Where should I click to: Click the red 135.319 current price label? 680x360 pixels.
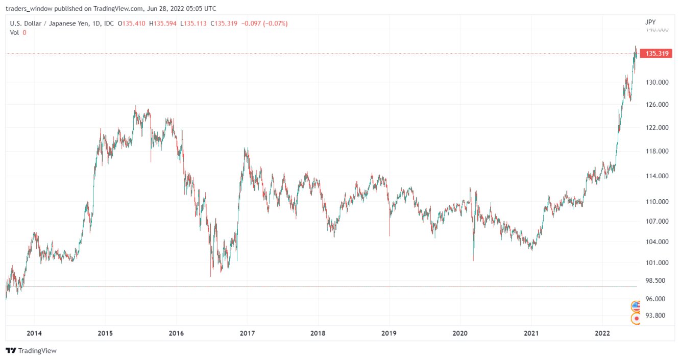[x=657, y=54]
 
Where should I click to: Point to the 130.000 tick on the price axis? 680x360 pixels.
[x=656, y=82]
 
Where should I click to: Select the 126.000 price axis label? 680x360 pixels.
[x=656, y=105]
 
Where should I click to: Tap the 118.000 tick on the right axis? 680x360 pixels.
[x=656, y=152]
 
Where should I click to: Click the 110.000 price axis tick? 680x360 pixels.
[x=656, y=202]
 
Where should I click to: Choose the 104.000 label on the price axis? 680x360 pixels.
[x=656, y=242]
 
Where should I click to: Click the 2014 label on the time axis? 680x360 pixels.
[x=34, y=333]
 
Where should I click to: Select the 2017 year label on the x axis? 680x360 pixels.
[x=247, y=333]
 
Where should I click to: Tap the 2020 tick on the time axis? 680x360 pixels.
[x=460, y=333]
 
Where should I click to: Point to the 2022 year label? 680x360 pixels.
[x=602, y=333]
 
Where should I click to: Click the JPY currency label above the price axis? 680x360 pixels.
[x=650, y=22]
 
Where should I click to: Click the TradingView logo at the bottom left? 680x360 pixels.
[x=31, y=351]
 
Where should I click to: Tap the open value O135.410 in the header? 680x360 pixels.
[x=132, y=23]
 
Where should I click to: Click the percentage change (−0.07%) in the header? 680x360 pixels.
[x=275, y=23]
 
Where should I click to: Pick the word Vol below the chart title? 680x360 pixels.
[x=15, y=33]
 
